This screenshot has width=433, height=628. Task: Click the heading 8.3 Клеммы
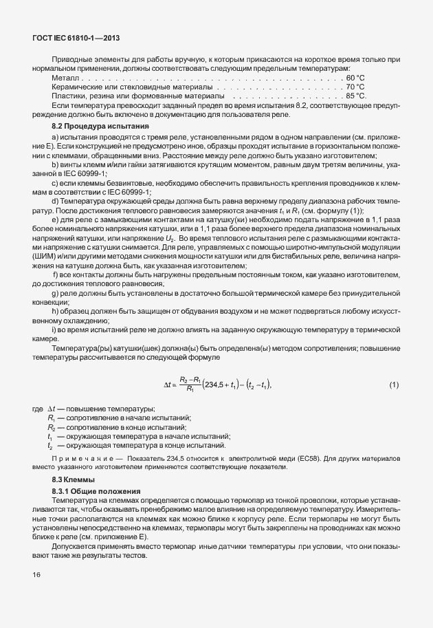click(x=74, y=479)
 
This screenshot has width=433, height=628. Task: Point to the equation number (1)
click(x=394, y=384)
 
